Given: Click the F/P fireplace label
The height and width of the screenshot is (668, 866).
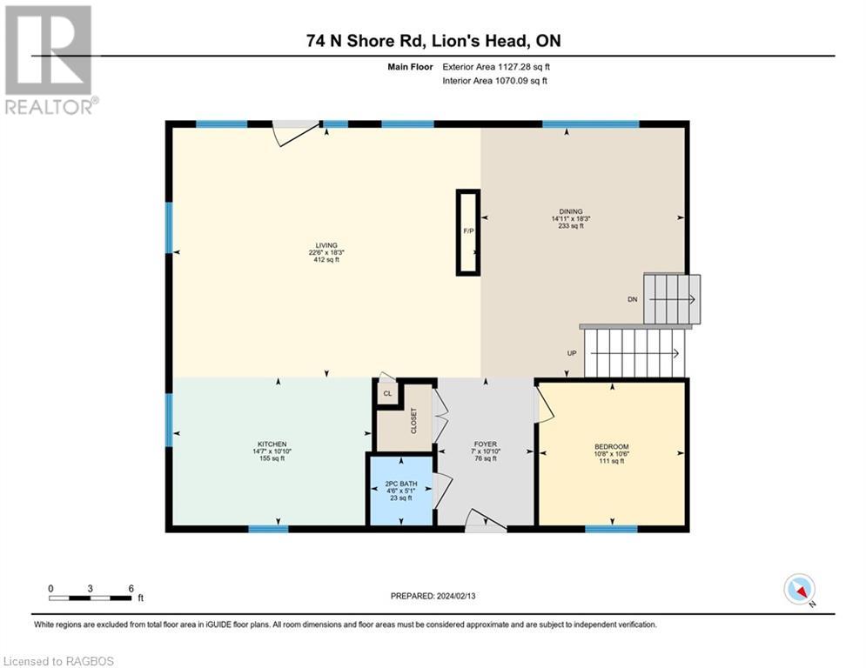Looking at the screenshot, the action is click(x=468, y=230).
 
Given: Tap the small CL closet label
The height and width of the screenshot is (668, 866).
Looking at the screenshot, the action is click(x=387, y=394).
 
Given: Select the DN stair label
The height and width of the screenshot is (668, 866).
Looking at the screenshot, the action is click(x=633, y=299).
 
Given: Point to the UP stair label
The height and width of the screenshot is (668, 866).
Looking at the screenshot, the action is click(x=572, y=353).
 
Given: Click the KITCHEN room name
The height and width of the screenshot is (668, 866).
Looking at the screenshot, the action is click(x=272, y=444).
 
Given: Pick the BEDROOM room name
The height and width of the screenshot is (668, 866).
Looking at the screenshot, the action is click(x=611, y=446).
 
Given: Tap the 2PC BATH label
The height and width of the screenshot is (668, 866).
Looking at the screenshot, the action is click(x=401, y=484).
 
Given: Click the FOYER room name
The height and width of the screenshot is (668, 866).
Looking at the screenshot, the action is click(x=486, y=444).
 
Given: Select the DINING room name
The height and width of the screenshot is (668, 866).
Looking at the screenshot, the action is click(x=571, y=211).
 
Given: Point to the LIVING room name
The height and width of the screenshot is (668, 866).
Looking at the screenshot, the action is click(x=326, y=245).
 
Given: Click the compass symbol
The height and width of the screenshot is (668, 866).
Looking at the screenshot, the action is click(x=800, y=590).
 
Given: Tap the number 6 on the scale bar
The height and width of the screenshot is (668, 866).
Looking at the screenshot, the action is click(x=131, y=589).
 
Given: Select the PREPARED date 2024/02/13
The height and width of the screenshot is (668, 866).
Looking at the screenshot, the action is click(x=456, y=596).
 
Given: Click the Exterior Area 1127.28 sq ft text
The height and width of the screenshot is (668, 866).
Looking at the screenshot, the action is click(x=496, y=67).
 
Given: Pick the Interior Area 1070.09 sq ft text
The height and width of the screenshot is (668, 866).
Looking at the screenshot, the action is click(x=495, y=81).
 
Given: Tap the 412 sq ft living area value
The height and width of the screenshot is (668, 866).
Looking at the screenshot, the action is click(x=326, y=259).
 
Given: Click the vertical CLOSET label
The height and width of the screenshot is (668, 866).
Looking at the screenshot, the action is click(x=413, y=421).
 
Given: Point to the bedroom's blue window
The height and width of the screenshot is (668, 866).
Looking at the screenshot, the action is click(x=611, y=529).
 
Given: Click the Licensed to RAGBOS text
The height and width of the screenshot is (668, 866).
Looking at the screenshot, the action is click(x=58, y=661).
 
